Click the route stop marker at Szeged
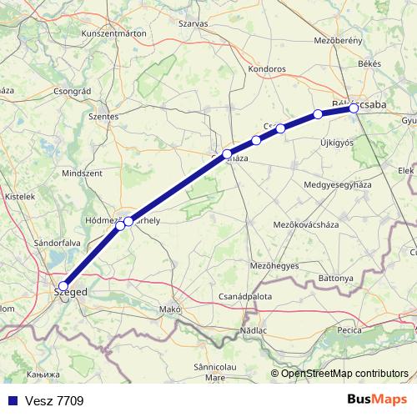63,286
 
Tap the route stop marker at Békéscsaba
354,108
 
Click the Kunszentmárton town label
113,33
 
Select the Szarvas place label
193,24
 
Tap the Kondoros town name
267,69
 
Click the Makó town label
169,309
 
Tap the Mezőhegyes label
275,265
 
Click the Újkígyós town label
337,143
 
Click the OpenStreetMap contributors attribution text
344,373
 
